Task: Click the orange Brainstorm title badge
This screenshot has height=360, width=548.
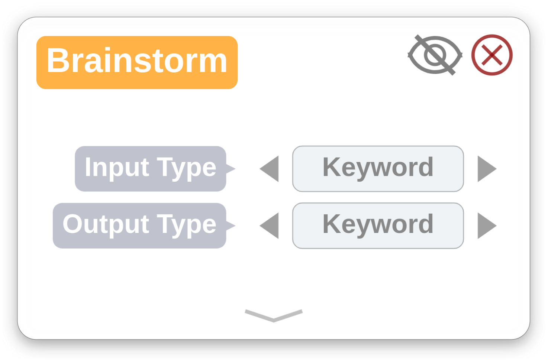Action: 137,62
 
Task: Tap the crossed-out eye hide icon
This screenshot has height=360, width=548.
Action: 435,55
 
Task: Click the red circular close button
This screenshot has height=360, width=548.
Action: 492,55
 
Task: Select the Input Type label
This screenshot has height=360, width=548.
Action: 151,169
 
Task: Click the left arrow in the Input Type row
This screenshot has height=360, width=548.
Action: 269,169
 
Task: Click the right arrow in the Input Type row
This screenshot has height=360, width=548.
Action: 487,169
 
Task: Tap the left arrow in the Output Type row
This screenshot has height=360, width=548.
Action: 269,226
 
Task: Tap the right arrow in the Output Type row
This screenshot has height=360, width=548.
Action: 487,226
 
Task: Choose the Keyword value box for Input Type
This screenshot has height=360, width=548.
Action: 378,169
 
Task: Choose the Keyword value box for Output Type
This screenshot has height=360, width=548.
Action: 378,226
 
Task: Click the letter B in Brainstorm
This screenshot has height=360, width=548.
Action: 58,60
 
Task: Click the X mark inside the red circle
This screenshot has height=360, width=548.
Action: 492,55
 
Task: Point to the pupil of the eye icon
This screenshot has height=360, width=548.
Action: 435,55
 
